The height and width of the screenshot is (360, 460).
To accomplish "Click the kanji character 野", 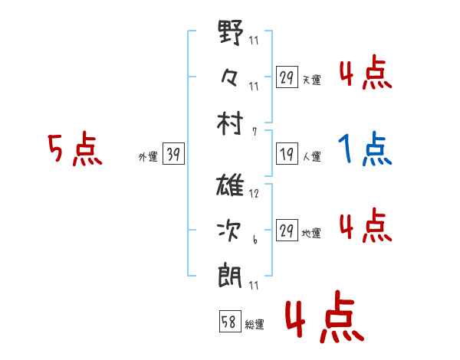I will pyautogui.click(x=232, y=34).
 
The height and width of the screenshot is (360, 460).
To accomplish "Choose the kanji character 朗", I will pyautogui.click(x=232, y=273).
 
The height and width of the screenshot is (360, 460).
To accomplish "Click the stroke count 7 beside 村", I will pyautogui.click(x=254, y=131).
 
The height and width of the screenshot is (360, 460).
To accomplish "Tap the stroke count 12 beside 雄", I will pyautogui.click(x=254, y=194).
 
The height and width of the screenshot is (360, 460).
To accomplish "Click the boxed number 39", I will pyautogui.click(x=173, y=155).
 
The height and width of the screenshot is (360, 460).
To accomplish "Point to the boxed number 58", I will pyautogui.click(x=229, y=322).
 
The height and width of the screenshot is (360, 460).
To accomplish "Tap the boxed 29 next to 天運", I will pyautogui.click(x=286, y=78).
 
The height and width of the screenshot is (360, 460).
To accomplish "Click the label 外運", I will pyautogui.click(x=147, y=157).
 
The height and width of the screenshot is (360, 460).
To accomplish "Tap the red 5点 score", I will pyautogui.click(x=74, y=150).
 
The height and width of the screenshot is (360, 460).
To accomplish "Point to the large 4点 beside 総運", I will pyautogui.click(x=323, y=319).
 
